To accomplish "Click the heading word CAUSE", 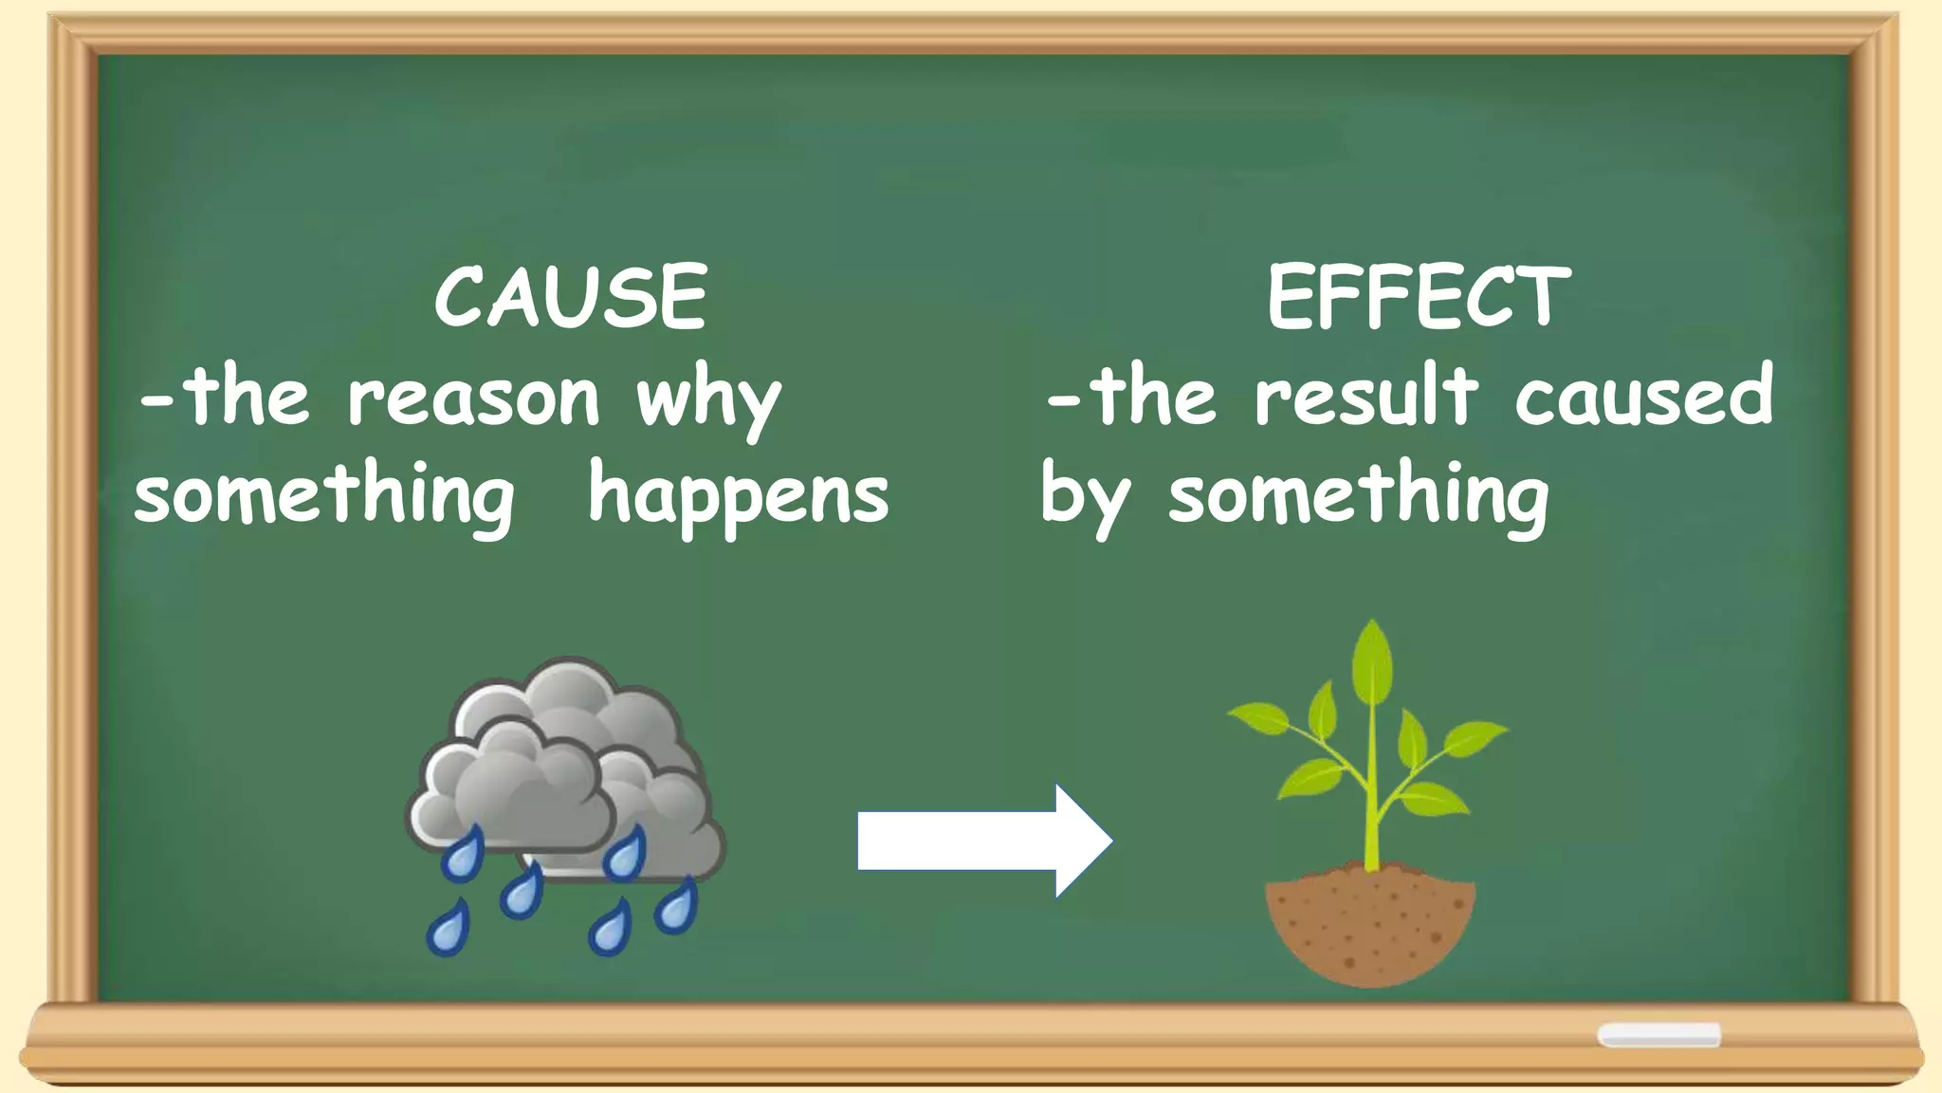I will point(570,297).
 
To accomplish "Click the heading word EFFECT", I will point(1419,297).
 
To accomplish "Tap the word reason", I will point(473,398).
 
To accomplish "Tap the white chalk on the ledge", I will point(1658,1034).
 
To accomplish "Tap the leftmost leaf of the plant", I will point(1261,717).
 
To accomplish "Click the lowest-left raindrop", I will point(448,929).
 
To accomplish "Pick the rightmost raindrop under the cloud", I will point(676,907).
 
